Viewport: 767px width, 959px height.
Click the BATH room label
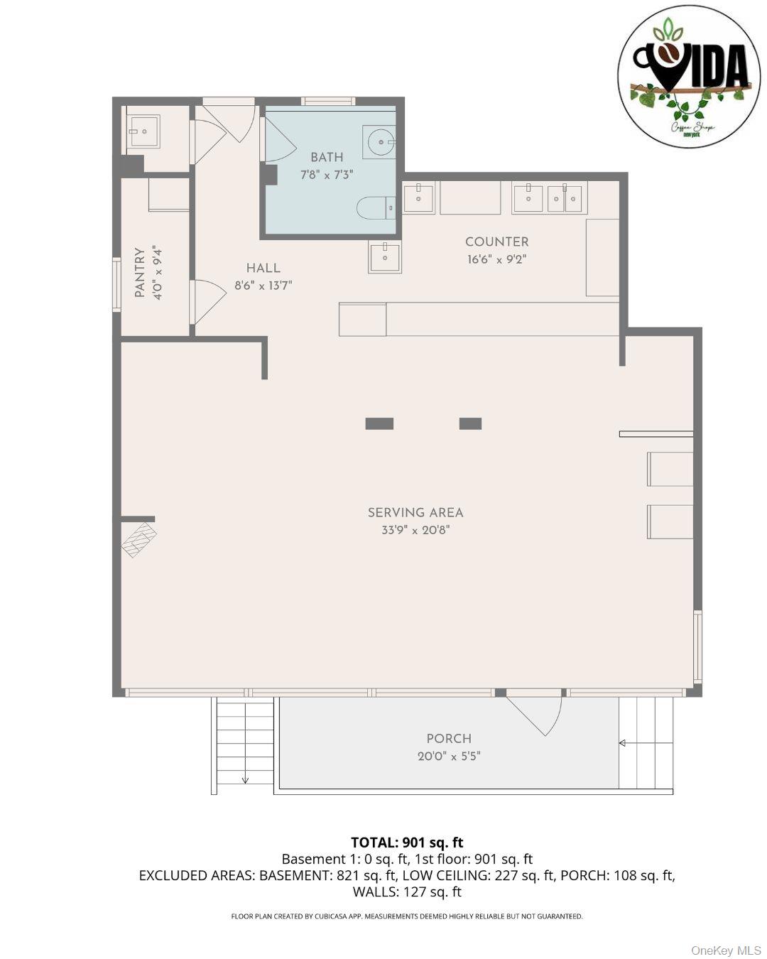[327, 157]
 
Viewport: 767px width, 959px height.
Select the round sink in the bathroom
[379, 142]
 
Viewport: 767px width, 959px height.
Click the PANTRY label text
[140, 273]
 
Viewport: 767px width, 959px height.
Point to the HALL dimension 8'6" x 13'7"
[263, 286]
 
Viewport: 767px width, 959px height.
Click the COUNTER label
[496, 242]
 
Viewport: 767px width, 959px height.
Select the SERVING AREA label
[415, 512]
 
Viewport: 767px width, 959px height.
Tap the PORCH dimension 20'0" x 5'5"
[449, 757]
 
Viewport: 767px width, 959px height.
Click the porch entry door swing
[536, 714]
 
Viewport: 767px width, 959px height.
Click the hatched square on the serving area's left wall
[139, 539]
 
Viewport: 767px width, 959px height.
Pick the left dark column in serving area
[379, 423]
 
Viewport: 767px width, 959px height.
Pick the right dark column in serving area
[470, 423]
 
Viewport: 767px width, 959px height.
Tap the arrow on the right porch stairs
[623, 743]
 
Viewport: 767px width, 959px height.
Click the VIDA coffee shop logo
[689, 77]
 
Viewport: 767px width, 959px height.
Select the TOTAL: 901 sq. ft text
[407, 842]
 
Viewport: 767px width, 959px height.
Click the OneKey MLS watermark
[726, 950]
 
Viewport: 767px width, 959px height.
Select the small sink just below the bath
[384, 257]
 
